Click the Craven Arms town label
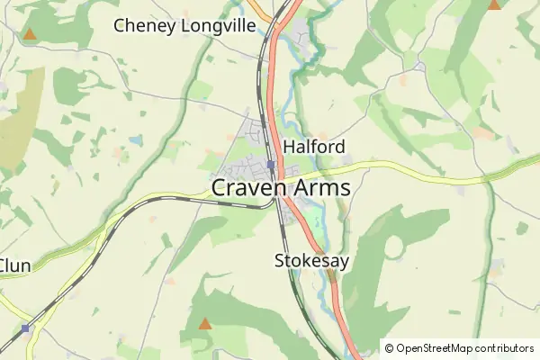pyautogui.click(x=281, y=188)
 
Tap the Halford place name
pyautogui.click(x=314, y=146)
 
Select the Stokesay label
pyautogui.click(x=310, y=261)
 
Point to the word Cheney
pyautogui.click(x=144, y=25)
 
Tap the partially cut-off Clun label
pyautogui.click(x=15, y=265)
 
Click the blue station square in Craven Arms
pyautogui.click(x=270, y=165)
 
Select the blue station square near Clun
pyautogui.click(x=26, y=328)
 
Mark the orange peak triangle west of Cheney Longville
pyautogui.click(x=30, y=35)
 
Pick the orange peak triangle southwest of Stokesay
pyautogui.click(x=205, y=323)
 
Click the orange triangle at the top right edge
pyautogui.click(x=494, y=4)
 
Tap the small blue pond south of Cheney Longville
pyautogui.click(x=135, y=140)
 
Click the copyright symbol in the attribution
pyautogui.click(x=389, y=347)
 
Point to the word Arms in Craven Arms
pyautogui.click(x=318, y=188)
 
